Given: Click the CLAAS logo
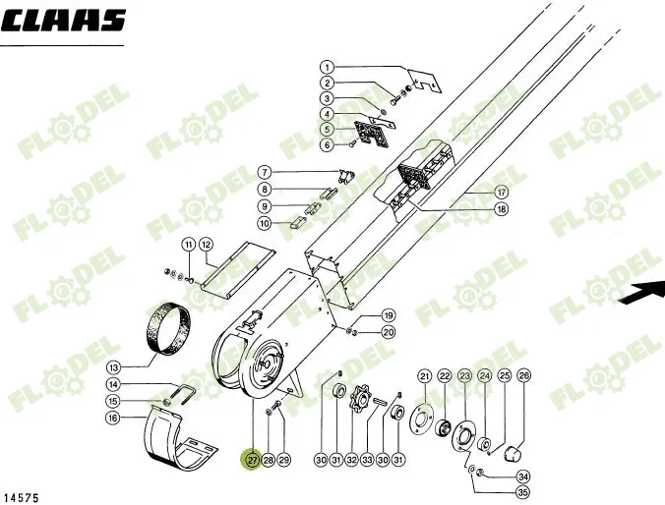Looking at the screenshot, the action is click(x=63, y=21).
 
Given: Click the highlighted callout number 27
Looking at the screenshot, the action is click(x=253, y=460).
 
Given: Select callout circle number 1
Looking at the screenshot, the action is click(x=327, y=67).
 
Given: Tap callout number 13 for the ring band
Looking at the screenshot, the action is click(x=114, y=366).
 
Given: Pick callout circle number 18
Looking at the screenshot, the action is click(x=502, y=209).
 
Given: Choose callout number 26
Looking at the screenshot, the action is click(x=524, y=375).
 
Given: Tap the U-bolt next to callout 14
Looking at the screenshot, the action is click(x=184, y=394).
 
